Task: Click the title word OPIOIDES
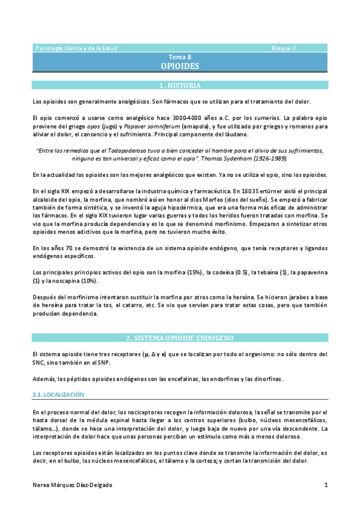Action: pos(180,66)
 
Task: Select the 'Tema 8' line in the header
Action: pos(180,57)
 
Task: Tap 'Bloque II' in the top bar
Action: pos(284,48)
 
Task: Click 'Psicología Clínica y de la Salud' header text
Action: pos(77,48)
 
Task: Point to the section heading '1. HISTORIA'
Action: pos(180,85)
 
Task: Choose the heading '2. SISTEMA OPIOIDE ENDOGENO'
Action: pos(180,338)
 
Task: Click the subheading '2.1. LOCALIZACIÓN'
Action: pos(58,395)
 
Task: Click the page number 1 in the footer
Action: pos(326,485)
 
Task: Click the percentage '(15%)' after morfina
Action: pos(194,272)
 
